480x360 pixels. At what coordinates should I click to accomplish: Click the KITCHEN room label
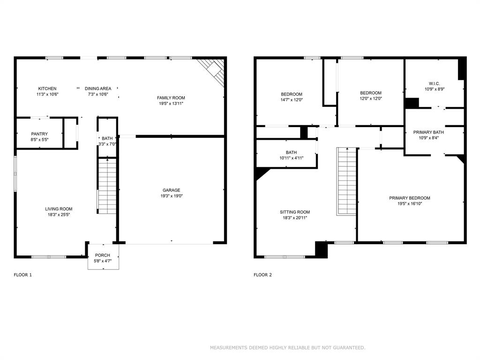pyautogui.click(x=47, y=89)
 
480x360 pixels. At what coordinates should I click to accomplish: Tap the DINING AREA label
pyautogui.click(x=98, y=89)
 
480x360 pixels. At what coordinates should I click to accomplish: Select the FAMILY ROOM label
pyautogui.click(x=171, y=98)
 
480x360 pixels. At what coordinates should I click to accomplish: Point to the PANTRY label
pyautogui.click(x=39, y=134)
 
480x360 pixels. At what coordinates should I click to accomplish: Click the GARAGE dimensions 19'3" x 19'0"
pyautogui.click(x=172, y=196)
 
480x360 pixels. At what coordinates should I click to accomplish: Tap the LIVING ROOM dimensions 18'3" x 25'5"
pyautogui.click(x=59, y=215)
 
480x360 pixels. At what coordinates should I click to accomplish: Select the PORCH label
pyautogui.click(x=102, y=255)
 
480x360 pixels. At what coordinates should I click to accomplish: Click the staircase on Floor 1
pyautogui.click(x=107, y=185)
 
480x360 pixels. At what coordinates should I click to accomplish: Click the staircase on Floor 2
pyautogui.click(x=346, y=180)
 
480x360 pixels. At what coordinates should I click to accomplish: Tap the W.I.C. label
pyautogui.click(x=434, y=83)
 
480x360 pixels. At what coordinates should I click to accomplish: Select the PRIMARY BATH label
pyautogui.click(x=428, y=132)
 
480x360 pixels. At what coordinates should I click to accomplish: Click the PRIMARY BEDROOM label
pyautogui.click(x=409, y=198)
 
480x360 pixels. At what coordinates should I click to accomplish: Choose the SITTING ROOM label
pyautogui.click(x=295, y=212)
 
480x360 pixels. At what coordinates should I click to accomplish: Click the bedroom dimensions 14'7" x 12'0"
pyautogui.click(x=292, y=99)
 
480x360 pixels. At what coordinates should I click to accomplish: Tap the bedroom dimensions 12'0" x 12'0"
pyautogui.click(x=370, y=98)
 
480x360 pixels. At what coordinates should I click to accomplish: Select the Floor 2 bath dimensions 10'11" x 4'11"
pyautogui.click(x=291, y=158)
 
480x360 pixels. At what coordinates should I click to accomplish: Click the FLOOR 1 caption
pyautogui.click(x=23, y=275)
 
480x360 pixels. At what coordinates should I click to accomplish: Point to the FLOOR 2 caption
pyautogui.click(x=262, y=275)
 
